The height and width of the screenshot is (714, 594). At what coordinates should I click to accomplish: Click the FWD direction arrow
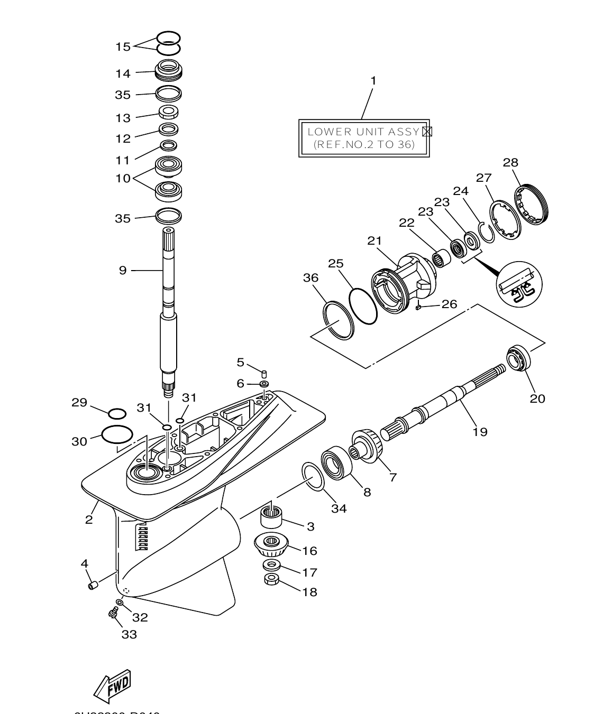pyautogui.click(x=112, y=687)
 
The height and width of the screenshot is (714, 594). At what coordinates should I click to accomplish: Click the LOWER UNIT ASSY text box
pyautogui.click(x=364, y=138)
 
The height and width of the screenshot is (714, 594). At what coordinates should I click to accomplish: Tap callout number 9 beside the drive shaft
pyautogui.click(x=123, y=271)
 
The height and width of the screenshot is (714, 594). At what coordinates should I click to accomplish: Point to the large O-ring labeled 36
pyautogui.click(x=338, y=320)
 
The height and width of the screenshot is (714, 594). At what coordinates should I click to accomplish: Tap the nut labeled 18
pyautogui.click(x=271, y=579)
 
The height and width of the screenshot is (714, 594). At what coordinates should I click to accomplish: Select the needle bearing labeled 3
pyautogui.click(x=272, y=516)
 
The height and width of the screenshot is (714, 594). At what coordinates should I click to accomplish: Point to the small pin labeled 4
pyautogui.click(x=93, y=586)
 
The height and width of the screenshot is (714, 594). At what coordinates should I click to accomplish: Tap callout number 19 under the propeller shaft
pyautogui.click(x=480, y=432)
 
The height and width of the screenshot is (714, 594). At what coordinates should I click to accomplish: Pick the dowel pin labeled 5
pyautogui.click(x=265, y=374)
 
